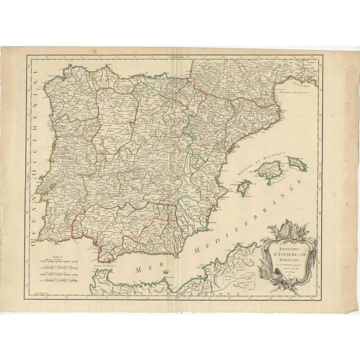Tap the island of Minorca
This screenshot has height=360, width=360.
click(x=296, y=164)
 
